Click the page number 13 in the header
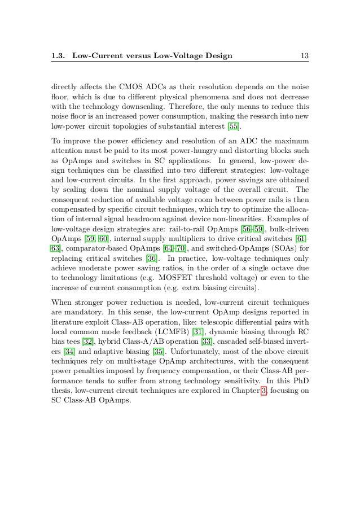pos(304,55)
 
